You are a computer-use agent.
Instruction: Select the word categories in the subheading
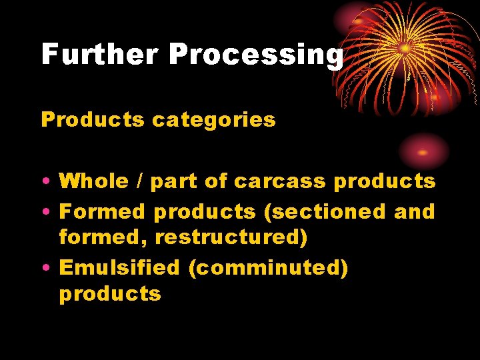(214, 120)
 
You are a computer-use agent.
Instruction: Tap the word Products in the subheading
(93, 120)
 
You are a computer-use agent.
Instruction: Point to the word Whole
(94, 181)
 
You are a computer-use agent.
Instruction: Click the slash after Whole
(140, 181)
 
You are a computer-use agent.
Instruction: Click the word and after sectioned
(414, 212)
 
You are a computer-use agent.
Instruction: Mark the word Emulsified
(119, 268)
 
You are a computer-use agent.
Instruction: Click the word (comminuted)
(268, 268)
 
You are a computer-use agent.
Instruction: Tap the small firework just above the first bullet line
(423, 151)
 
